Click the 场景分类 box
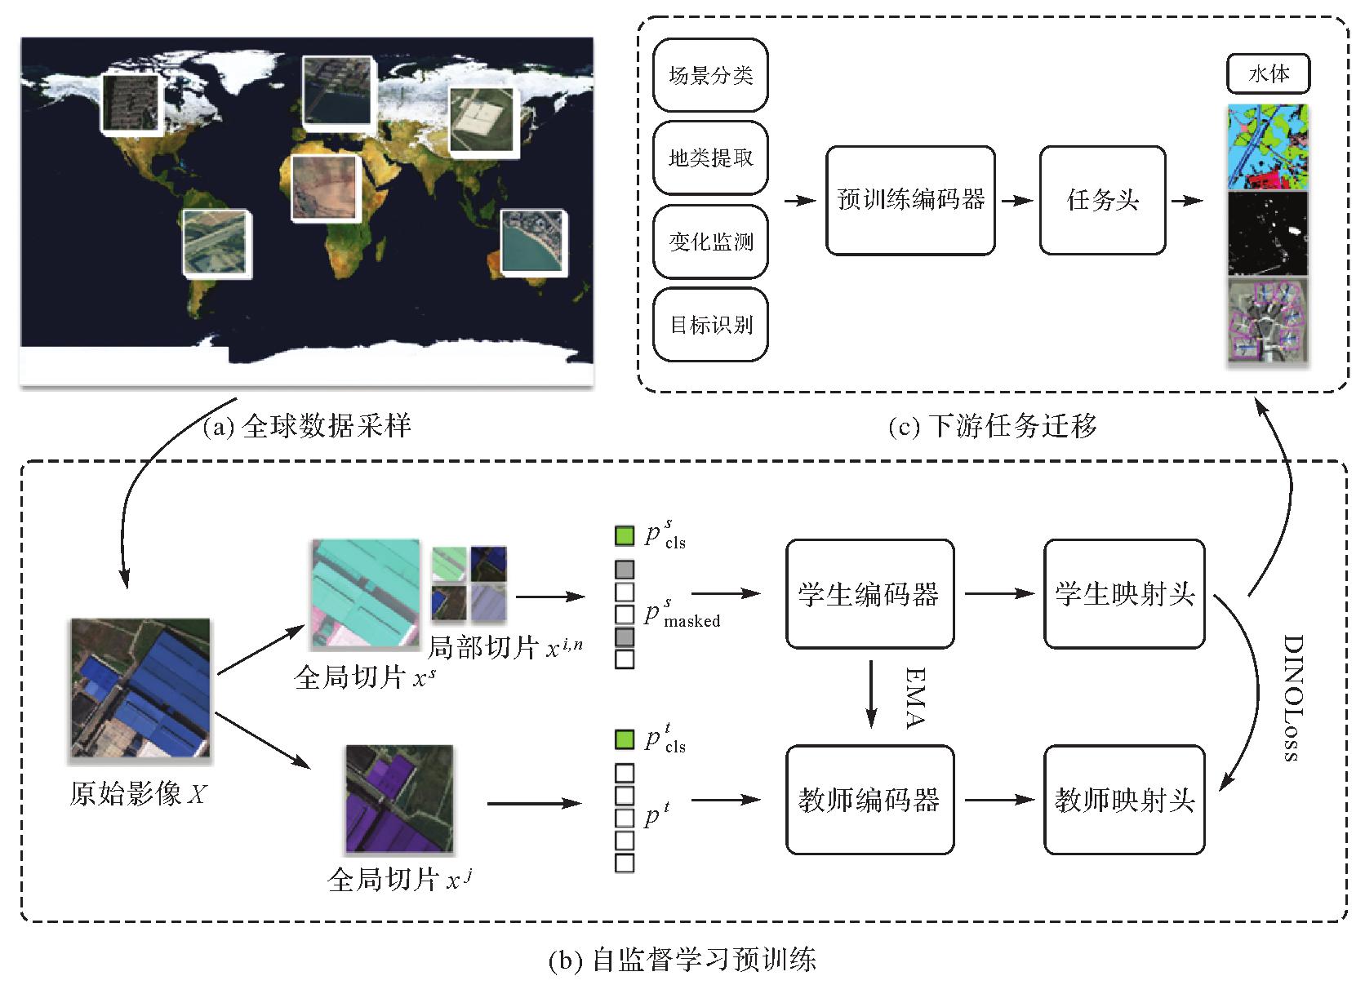tap(710, 75)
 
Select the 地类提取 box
tap(710, 158)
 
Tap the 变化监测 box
tap(710, 242)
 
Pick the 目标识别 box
tap(710, 325)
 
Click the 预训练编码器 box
tap(910, 201)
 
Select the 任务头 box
tap(1102, 201)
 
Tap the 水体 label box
tap(1268, 74)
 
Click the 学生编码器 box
tap(869, 594)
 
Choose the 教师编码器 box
tap(869, 800)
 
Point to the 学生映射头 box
tap(1124, 594)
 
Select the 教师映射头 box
tap(1124, 800)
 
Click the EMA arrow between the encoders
tap(872, 694)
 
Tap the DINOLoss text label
tap(1291, 698)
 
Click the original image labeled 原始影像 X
tap(140, 688)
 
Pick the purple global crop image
tap(399, 799)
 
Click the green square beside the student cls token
tap(625, 536)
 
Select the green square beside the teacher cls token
tap(625, 740)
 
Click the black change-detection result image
tap(1268, 233)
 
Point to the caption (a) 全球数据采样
tap(306, 426)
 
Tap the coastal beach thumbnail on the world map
tap(533, 242)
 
